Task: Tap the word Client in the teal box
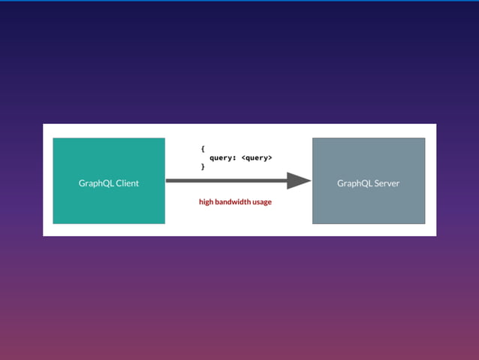tap(126, 183)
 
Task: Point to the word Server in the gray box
tap(386, 183)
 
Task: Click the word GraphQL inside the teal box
tap(95, 183)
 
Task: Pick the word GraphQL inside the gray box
tap(354, 183)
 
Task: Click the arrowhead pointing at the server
tap(299, 180)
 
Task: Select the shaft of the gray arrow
tap(225, 180)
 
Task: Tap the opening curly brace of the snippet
tap(203, 149)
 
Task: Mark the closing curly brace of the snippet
tap(203, 167)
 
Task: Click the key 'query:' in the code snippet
tap(223, 158)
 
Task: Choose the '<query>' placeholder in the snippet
tap(257, 158)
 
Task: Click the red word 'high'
tap(206, 202)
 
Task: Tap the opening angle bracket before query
tap(243, 158)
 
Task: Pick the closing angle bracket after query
tap(270, 158)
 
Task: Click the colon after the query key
tap(235, 158)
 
